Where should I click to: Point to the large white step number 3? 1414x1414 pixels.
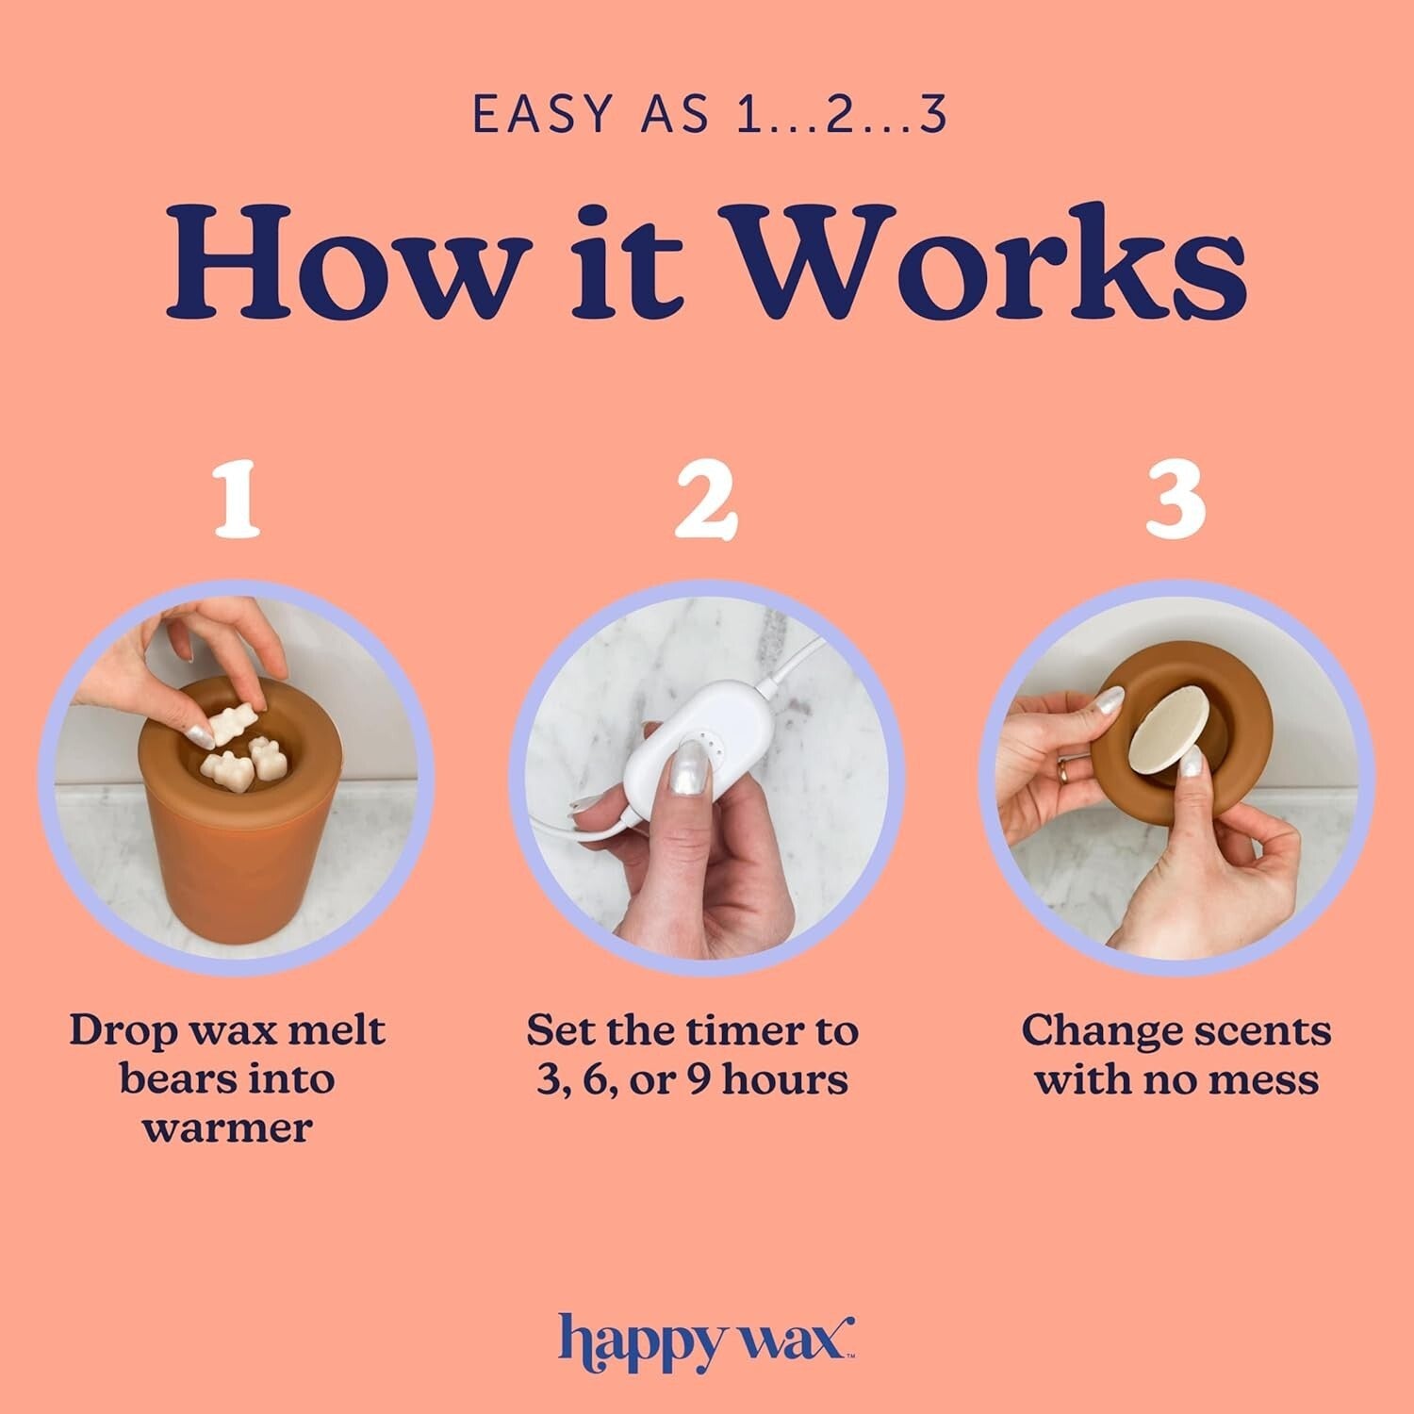click(x=1176, y=501)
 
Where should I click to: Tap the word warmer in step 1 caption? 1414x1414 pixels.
click(x=227, y=1127)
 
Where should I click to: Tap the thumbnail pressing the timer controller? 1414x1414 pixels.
click(x=692, y=756)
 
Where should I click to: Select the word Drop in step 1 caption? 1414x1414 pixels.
click(x=109, y=1030)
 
